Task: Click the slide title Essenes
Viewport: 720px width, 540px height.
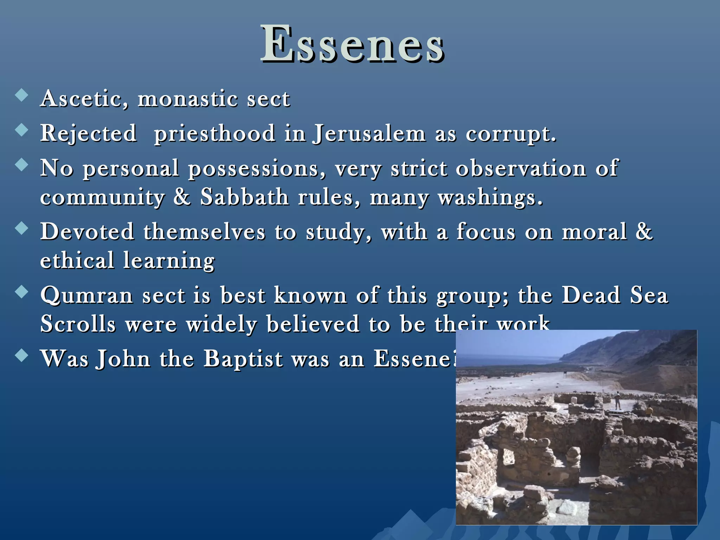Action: pos(353,45)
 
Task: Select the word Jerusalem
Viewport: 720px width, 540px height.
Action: pos(369,134)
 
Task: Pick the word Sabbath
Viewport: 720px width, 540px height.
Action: pos(244,197)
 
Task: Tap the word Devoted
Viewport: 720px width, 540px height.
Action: pos(87,232)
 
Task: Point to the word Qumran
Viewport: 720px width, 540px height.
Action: pos(86,296)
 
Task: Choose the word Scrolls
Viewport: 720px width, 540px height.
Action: pos(78,324)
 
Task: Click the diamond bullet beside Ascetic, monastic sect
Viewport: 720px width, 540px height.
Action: pos(22,95)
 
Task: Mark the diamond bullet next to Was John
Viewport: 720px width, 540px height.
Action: pos(22,355)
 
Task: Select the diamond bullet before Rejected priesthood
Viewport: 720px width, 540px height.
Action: pos(22,130)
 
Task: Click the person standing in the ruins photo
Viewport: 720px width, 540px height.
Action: pos(618,400)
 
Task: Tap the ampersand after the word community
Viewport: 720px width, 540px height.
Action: pos(182,197)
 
